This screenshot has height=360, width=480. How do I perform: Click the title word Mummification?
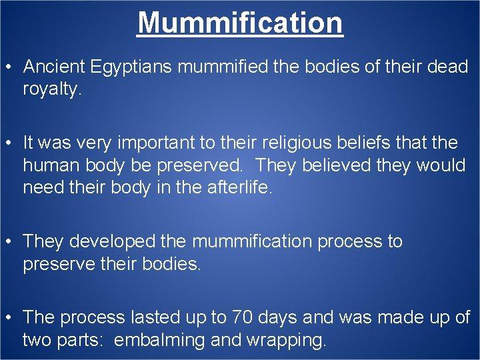(240, 22)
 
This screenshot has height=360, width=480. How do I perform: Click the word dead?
(445, 67)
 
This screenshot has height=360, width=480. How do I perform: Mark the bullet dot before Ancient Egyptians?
(11, 67)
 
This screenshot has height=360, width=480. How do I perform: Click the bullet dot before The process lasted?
(11, 318)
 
